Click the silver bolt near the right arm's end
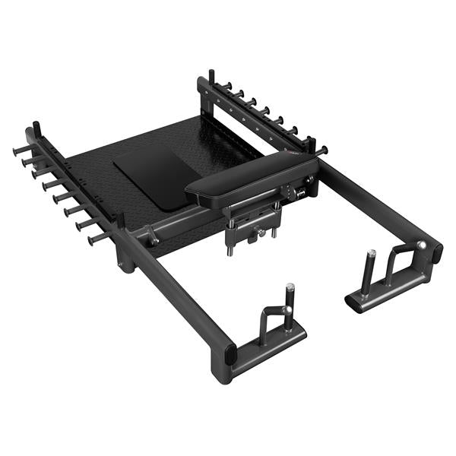click(x=421, y=245)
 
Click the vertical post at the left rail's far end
click(x=36, y=131)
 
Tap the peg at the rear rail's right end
click(x=322, y=150)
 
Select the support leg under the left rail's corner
click(x=125, y=258)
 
